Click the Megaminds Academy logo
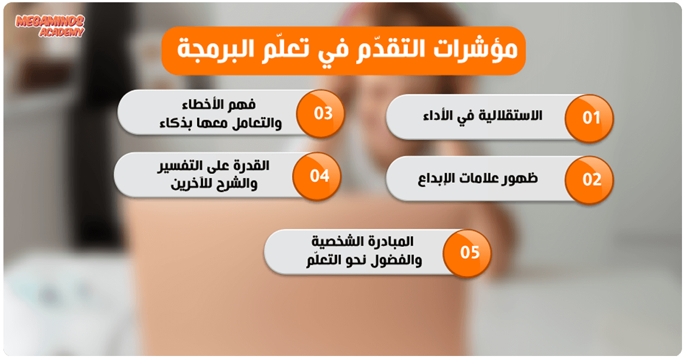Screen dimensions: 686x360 (50, 26)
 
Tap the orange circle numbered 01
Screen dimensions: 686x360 (589, 118)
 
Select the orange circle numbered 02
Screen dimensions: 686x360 (589, 180)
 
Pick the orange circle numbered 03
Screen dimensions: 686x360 (320, 114)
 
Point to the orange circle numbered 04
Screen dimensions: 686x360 (317, 177)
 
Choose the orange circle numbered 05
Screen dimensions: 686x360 (466, 253)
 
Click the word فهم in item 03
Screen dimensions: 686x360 (244, 105)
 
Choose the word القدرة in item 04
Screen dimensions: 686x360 (252, 166)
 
